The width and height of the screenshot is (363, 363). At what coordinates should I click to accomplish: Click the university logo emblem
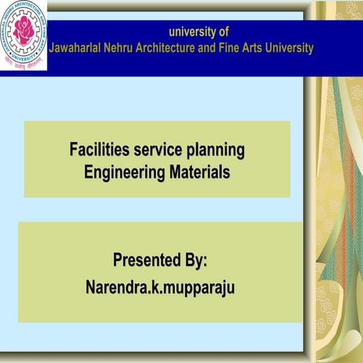pos(23,37)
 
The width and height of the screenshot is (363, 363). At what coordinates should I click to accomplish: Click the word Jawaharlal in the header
pos(79,48)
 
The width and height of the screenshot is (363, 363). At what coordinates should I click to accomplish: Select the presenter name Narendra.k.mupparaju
pos(160,288)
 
